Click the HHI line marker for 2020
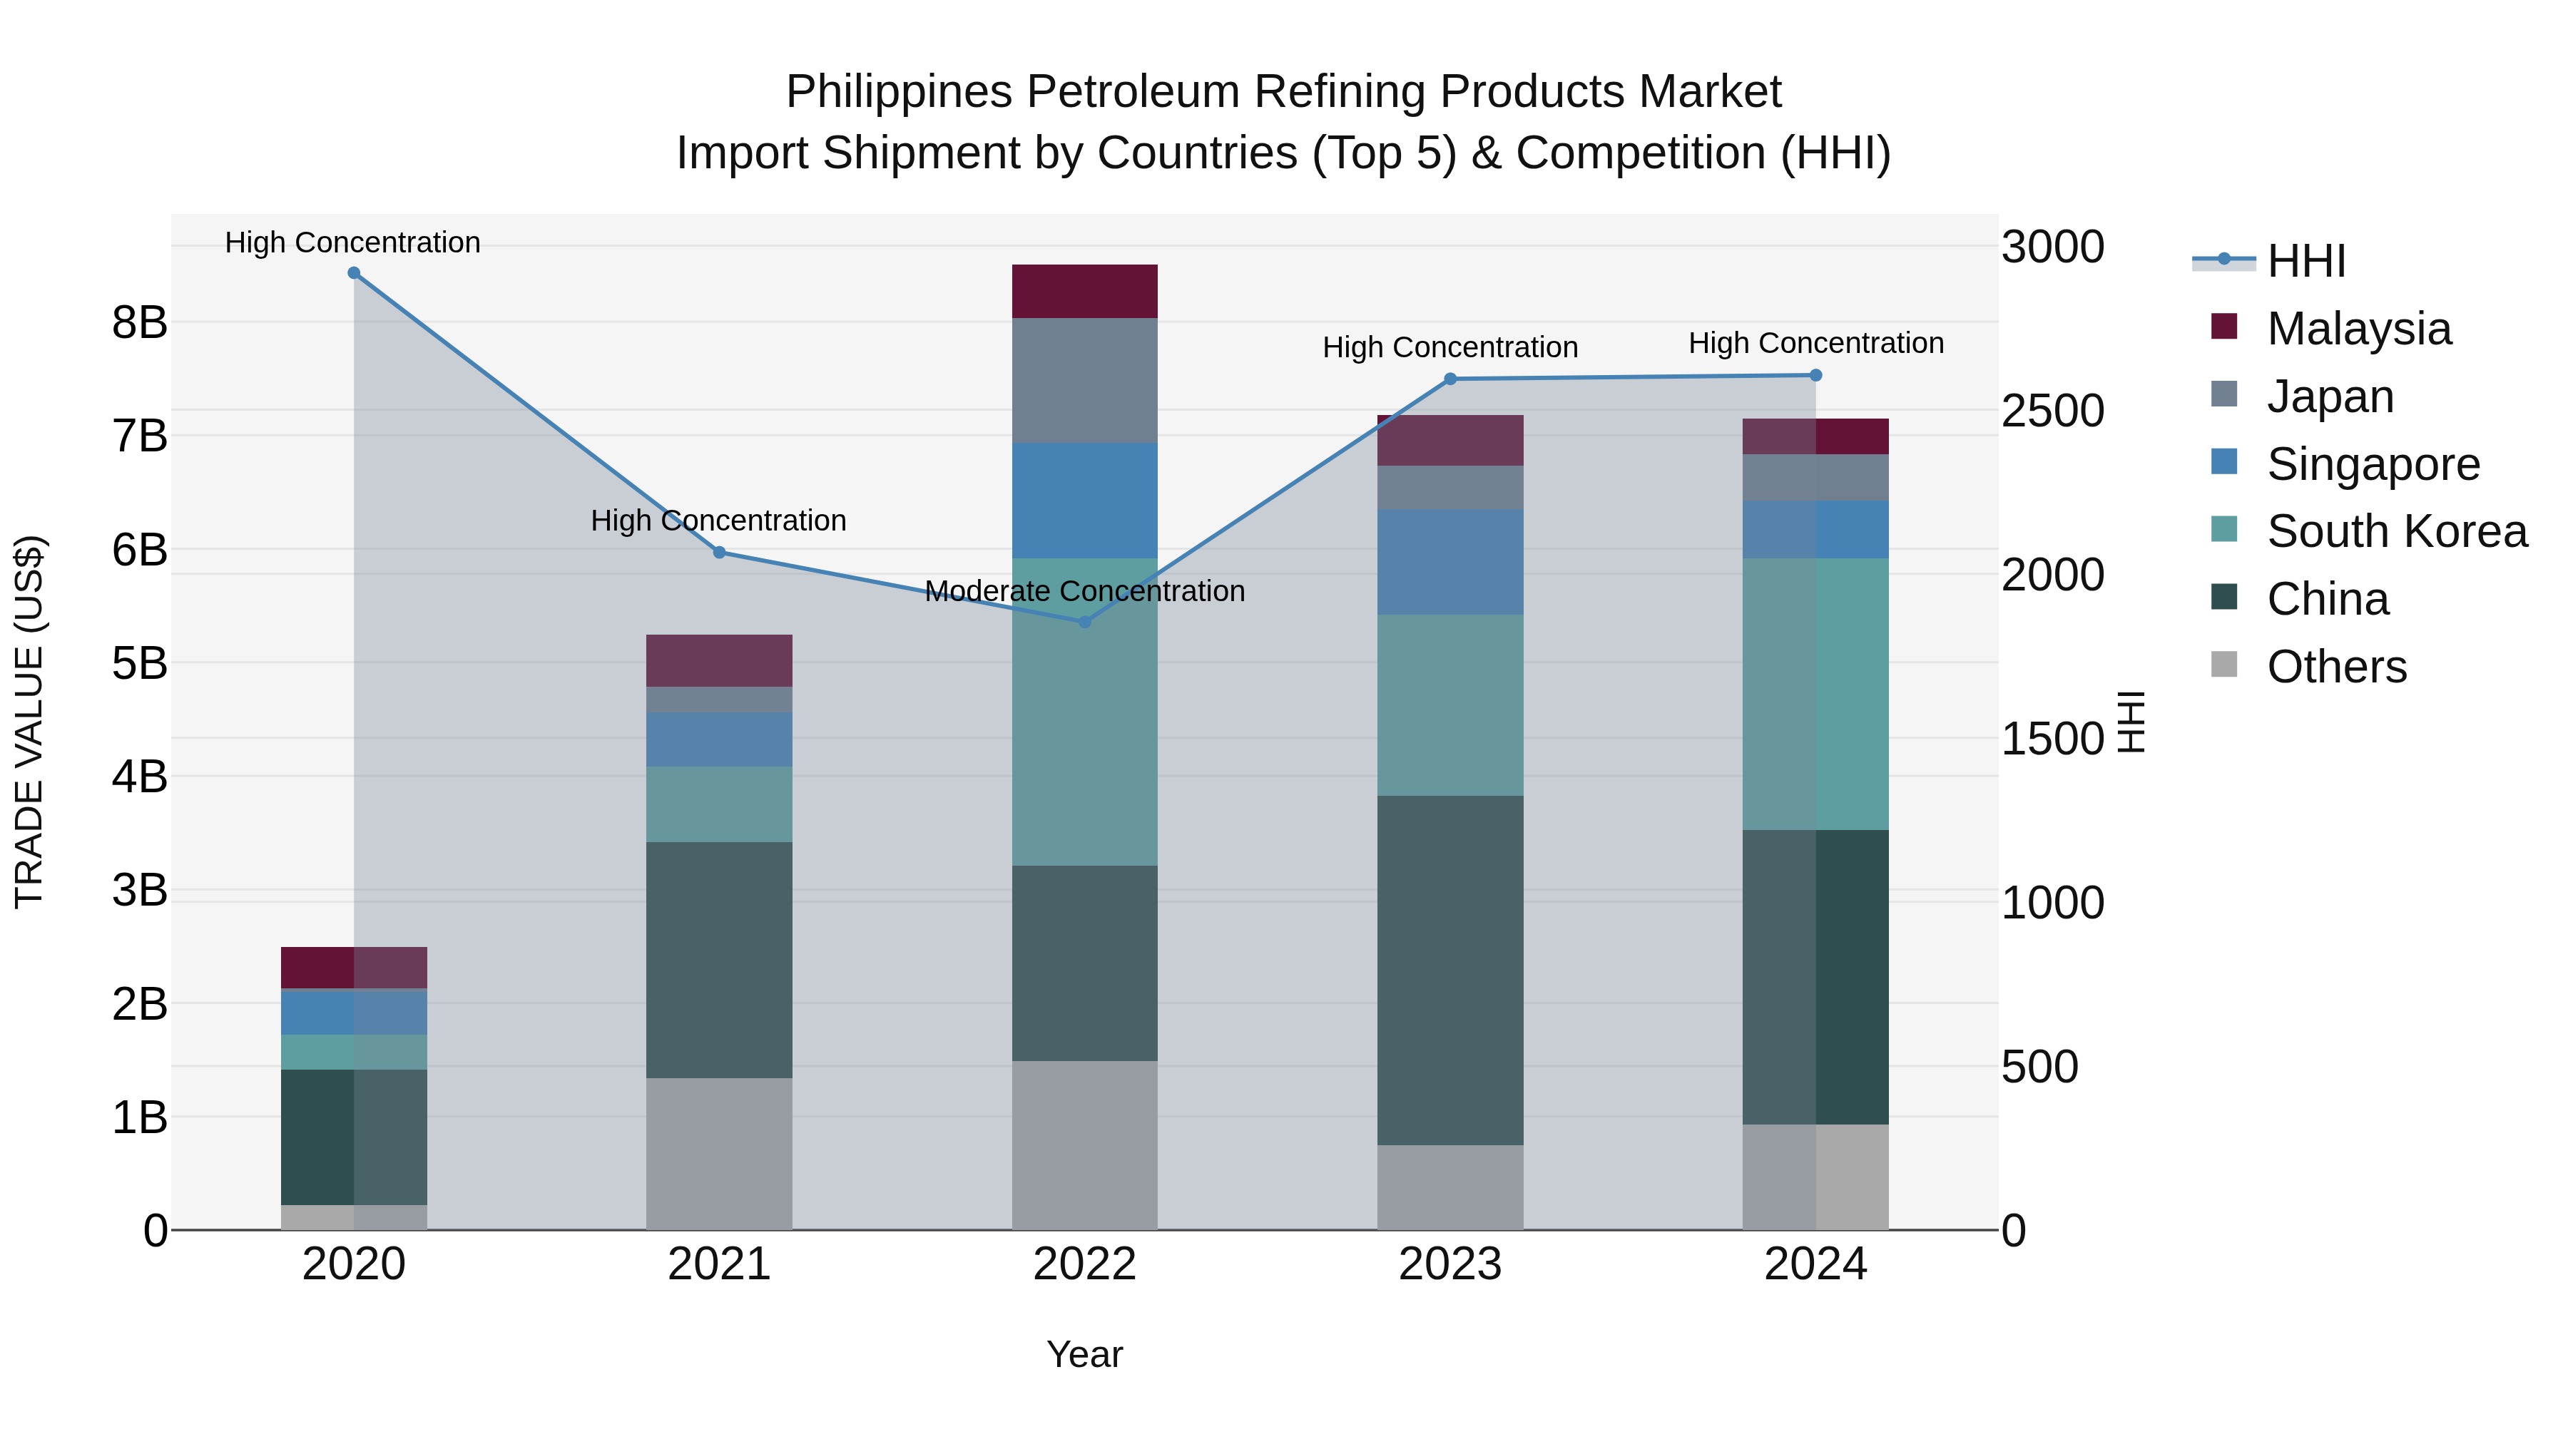tap(354, 273)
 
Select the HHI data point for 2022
tap(1084, 622)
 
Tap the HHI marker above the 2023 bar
tap(1450, 379)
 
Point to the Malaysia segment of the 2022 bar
tap(1084, 291)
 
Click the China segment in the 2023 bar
tap(1450, 970)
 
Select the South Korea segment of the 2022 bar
tap(1084, 712)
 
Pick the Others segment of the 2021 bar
tap(719, 1153)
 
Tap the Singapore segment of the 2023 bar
tap(1450, 562)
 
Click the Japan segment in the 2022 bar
tap(1084, 381)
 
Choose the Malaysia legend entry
tap(2358, 329)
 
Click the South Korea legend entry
tap(2395, 531)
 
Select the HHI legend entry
tap(2305, 261)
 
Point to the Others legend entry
tap(2335, 667)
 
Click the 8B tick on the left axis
tap(140, 323)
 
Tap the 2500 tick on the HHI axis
tap(2052, 411)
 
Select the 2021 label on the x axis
tap(719, 1264)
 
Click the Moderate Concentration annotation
tap(1084, 591)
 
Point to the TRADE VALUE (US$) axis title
tap(30, 722)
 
